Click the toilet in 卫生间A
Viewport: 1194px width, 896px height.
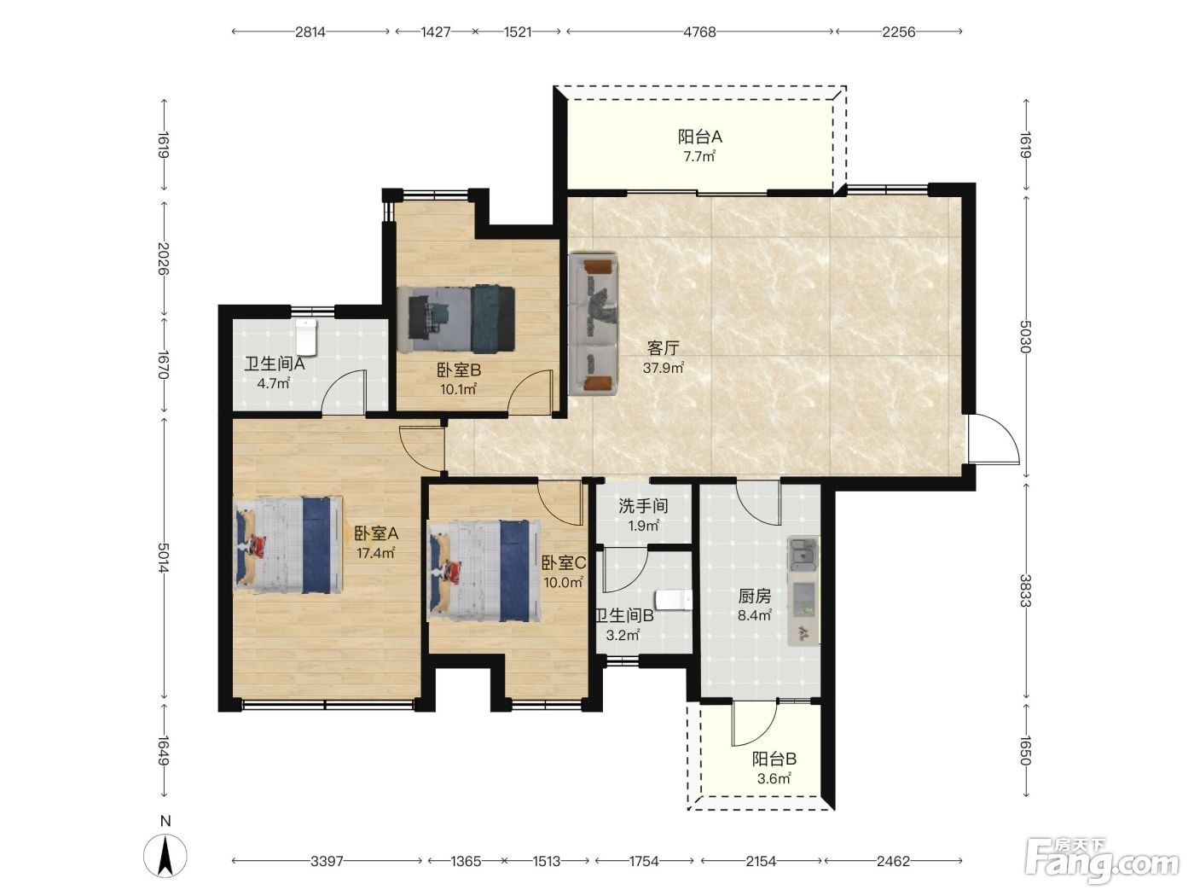pyautogui.click(x=306, y=335)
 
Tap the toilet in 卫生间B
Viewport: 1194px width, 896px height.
pyautogui.click(x=674, y=601)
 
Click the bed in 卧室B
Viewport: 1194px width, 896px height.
pyautogui.click(x=455, y=318)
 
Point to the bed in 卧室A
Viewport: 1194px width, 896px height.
pyautogui.click(x=288, y=544)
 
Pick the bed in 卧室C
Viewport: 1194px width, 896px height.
pyautogui.click(x=484, y=571)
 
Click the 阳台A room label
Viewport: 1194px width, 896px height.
pyautogui.click(x=699, y=137)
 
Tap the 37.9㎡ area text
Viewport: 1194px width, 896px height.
pyautogui.click(x=663, y=368)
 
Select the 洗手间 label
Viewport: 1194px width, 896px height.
pyautogui.click(x=643, y=506)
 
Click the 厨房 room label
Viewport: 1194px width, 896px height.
pyautogui.click(x=755, y=596)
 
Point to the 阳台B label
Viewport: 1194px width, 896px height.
pyautogui.click(x=774, y=759)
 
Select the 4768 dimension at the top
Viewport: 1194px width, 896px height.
pyautogui.click(x=699, y=32)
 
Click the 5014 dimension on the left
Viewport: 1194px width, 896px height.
pyautogui.click(x=163, y=557)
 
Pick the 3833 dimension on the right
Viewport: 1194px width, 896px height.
pyautogui.click(x=1025, y=591)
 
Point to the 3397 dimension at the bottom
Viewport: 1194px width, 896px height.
pyautogui.click(x=327, y=861)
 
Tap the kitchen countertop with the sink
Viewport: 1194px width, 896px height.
pyautogui.click(x=803, y=591)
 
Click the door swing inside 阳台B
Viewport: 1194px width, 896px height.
pyautogui.click(x=754, y=724)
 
